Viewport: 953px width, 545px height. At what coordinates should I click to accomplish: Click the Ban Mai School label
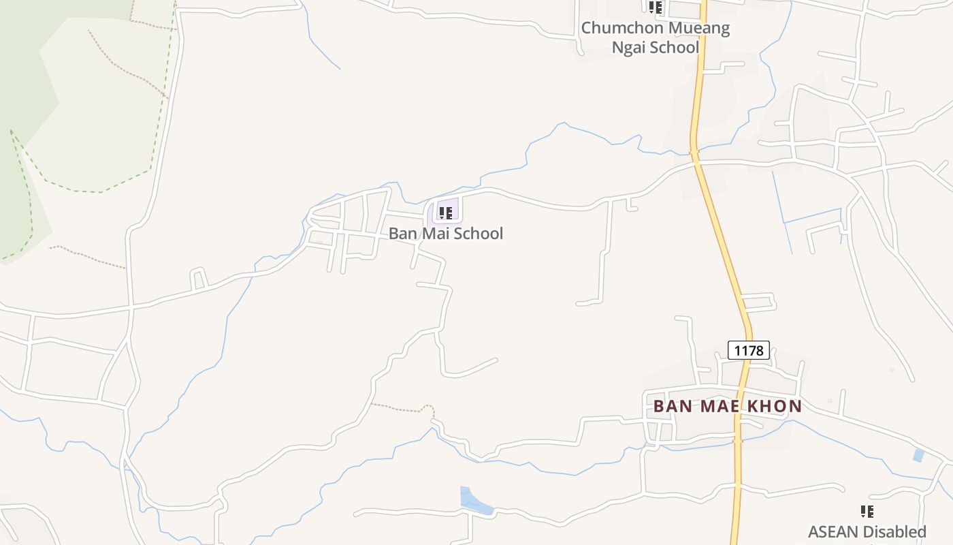(446, 233)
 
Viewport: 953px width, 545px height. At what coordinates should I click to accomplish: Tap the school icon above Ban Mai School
(446, 213)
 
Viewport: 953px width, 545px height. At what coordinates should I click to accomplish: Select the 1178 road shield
(749, 350)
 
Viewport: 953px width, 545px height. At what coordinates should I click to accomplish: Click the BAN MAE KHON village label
(727, 406)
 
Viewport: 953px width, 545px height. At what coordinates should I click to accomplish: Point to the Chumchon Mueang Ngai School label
(655, 37)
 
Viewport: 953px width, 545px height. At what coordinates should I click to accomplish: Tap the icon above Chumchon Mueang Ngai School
(655, 7)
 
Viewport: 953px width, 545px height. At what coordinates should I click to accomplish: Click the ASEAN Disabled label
(867, 531)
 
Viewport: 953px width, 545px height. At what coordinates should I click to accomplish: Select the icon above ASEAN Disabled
(867, 511)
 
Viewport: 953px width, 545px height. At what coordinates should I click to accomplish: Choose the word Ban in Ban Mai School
(402, 233)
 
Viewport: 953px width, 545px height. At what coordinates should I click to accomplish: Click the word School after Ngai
(675, 47)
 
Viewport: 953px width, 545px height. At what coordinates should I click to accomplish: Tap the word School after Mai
(479, 233)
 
